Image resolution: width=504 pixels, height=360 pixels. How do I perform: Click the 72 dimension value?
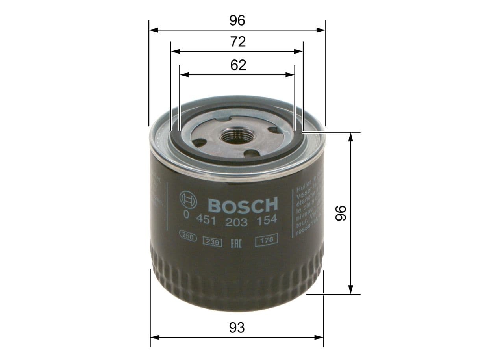click(238, 41)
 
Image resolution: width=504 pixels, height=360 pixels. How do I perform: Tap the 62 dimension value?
click(238, 65)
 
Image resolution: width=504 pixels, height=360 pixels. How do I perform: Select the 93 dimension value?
click(237, 327)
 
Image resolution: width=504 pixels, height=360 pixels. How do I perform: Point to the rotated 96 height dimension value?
click(340, 213)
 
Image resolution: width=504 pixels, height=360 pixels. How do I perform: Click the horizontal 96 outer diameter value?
click(237, 20)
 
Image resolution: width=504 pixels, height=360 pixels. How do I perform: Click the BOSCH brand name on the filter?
click(243, 205)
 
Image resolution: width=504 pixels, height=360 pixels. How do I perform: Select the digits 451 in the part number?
click(205, 221)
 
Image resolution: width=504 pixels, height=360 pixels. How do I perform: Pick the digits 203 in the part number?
click(236, 222)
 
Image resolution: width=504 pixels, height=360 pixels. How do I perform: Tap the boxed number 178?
click(267, 240)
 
